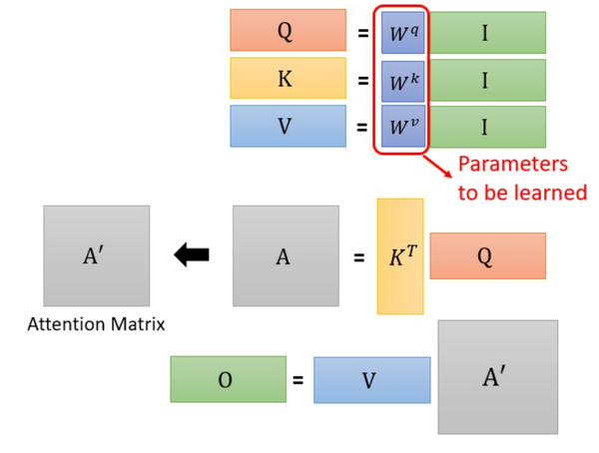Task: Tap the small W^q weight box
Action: tap(403, 33)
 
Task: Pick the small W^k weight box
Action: tap(403, 80)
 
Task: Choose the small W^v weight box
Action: tap(403, 127)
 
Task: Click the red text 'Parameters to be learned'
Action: tap(513, 178)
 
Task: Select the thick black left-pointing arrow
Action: tap(192, 255)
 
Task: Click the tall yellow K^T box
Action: tap(400, 256)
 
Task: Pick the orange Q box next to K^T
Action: tap(488, 256)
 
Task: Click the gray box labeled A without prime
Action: tap(284, 256)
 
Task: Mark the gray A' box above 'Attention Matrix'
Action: tap(96, 255)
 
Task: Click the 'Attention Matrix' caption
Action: tap(96, 323)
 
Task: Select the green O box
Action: tap(228, 379)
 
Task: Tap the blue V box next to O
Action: tap(371, 380)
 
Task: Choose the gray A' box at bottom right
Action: tap(497, 376)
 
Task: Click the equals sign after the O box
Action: tap(298, 380)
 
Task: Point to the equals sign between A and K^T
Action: tap(359, 257)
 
